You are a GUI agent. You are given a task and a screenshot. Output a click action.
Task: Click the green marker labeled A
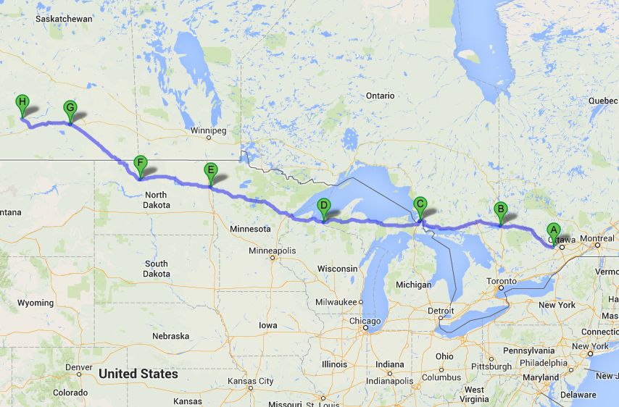[553, 232]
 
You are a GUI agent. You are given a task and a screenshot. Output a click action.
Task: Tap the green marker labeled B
[500, 210]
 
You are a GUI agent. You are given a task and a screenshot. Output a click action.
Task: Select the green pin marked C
[420, 205]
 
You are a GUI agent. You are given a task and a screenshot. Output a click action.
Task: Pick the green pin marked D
[324, 206]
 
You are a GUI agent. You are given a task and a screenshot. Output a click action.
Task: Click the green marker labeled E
[211, 171]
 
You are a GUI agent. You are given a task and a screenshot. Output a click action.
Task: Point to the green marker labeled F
[141, 164]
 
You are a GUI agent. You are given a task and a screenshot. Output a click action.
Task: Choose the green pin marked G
[70, 109]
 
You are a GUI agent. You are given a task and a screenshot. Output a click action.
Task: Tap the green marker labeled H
[22, 103]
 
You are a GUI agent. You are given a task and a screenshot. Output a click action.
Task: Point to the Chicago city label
[364, 321]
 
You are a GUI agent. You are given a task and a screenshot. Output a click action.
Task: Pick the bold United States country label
[138, 374]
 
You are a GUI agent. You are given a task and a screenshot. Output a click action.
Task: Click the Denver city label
[78, 367]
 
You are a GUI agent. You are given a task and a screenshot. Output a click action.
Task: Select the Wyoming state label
[35, 303]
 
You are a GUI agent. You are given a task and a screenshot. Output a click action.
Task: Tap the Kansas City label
[250, 381]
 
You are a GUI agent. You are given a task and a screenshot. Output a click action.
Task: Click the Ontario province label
[380, 96]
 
